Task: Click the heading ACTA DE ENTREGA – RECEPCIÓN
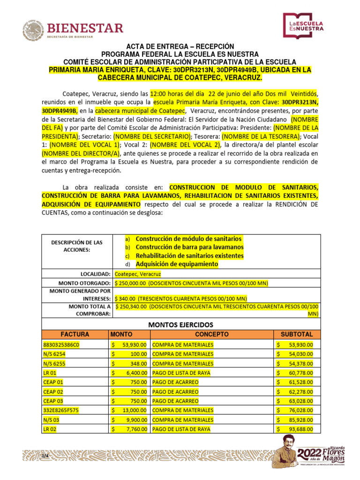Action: (180, 47)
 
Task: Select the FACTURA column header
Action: (75, 334)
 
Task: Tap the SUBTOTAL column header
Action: (296, 334)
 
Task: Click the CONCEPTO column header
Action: (212, 334)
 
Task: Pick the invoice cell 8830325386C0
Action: (61, 345)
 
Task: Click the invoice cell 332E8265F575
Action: (60, 410)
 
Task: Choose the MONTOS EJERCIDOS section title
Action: (180, 324)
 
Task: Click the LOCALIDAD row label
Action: (96, 274)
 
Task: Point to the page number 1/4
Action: (45, 456)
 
